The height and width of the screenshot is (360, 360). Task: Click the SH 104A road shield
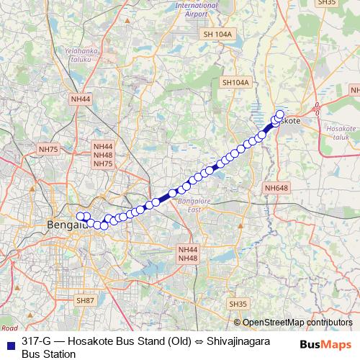(218, 34)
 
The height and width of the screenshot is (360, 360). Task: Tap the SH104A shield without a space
(235, 83)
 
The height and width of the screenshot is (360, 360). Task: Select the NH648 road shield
(276, 188)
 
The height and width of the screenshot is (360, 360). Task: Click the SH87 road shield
(85, 300)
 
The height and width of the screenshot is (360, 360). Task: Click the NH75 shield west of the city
(49, 149)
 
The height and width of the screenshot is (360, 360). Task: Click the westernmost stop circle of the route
(81, 216)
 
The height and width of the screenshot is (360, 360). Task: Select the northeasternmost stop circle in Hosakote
(280, 114)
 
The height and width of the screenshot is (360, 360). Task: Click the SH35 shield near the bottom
(238, 305)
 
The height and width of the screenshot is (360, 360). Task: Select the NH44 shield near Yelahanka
(81, 99)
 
